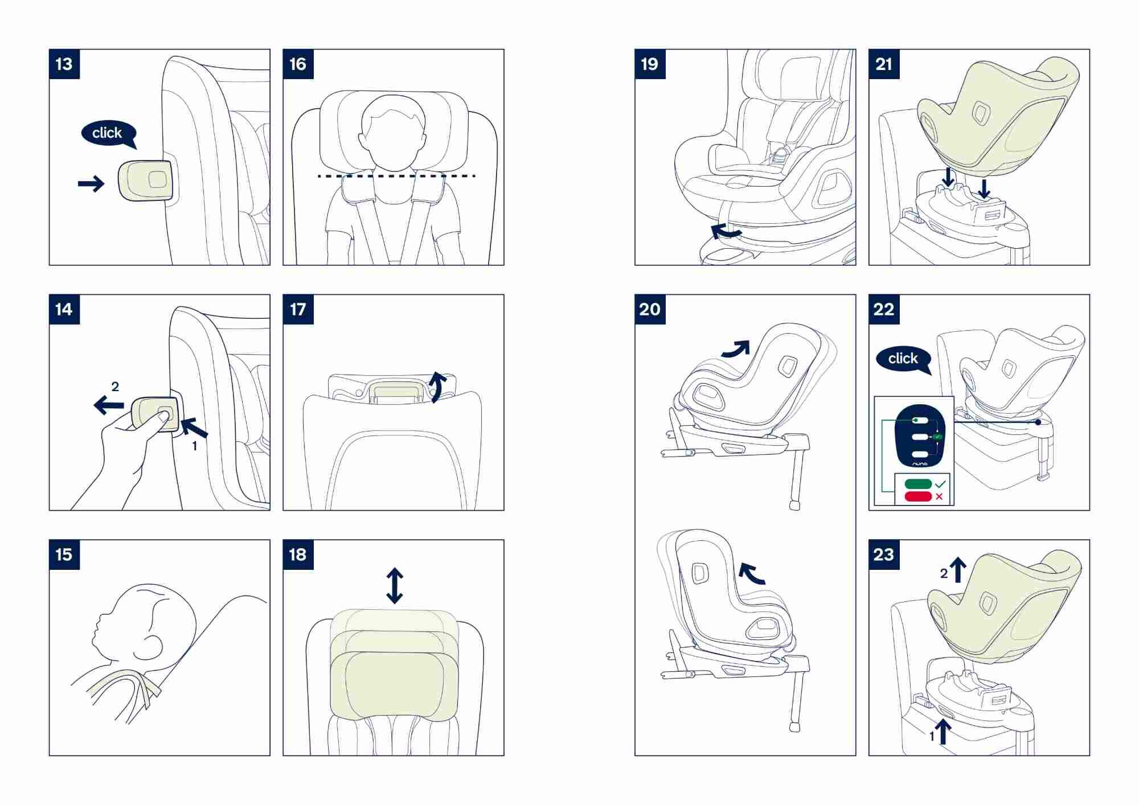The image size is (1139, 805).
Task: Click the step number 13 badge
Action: pyautogui.click(x=64, y=64)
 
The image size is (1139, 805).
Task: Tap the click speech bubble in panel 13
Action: pyautogui.click(x=108, y=133)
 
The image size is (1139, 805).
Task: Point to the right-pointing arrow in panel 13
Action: pyautogui.click(x=91, y=183)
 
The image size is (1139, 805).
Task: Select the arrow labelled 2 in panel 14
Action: pyautogui.click(x=109, y=405)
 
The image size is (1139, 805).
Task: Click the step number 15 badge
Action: pyautogui.click(x=64, y=555)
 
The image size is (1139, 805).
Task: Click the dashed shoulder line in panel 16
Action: pyautogui.click(x=396, y=176)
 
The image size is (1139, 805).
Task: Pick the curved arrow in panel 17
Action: pyautogui.click(x=437, y=387)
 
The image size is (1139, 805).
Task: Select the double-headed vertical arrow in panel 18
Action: pyautogui.click(x=395, y=586)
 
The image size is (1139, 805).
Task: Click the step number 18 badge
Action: pyautogui.click(x=298, y=555)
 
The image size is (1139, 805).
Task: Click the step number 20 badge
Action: pyautogui.click(x=650, y=309)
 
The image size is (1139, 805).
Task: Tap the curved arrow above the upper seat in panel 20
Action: pyautogui.click(x=736, y=348)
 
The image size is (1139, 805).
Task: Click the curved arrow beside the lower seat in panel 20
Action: pyautogui.click(x=752, y=573)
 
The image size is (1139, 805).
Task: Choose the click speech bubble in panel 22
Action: pyautogui.click(x=904, y=359)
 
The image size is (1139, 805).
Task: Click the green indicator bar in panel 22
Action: pyautogui.click(x=918, y=484)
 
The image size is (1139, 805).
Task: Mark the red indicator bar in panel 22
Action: pyautogui.click(x=918, y=496)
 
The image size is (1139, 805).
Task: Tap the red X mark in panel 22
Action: pyautogui.click(x=939, y=496)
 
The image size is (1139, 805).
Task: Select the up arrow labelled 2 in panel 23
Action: pyautogui.click(x=958, y=570)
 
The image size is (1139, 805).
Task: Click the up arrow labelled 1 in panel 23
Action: pyautogui.click(x=944, y=732)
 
